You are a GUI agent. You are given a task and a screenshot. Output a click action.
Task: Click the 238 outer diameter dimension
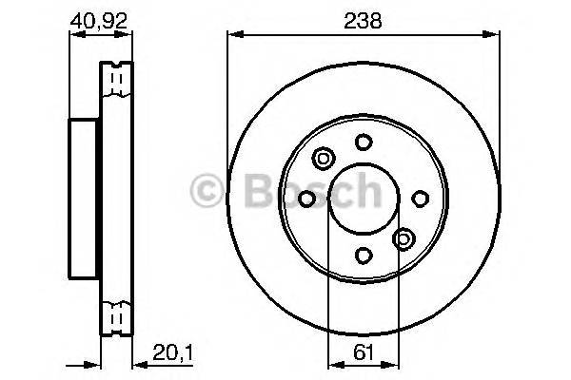click(364, 20)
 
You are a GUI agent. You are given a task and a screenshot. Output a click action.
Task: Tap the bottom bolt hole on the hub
click(364, 254)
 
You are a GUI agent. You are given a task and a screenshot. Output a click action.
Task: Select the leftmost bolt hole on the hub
click(306, 198)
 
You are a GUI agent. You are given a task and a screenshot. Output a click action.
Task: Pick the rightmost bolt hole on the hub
click(420, 198)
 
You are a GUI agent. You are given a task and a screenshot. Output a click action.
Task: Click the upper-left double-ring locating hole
click(323, 158)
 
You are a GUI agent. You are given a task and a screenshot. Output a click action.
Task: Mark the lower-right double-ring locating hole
click(404, 238)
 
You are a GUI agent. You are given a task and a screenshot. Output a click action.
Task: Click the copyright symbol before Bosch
click(205, 193)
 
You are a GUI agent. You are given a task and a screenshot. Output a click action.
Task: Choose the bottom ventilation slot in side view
click(118, 316)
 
